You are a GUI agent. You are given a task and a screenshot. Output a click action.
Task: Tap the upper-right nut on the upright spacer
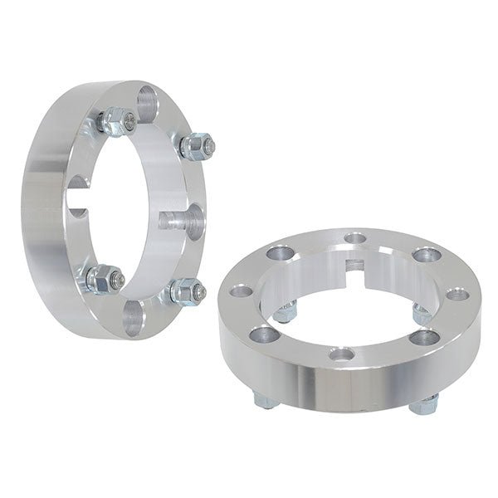[193, 147]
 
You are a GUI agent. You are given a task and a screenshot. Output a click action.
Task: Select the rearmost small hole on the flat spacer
[355, 238]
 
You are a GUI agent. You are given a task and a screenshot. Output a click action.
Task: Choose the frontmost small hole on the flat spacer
[339, 355]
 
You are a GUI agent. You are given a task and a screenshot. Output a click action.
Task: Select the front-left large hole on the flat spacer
[265, 334]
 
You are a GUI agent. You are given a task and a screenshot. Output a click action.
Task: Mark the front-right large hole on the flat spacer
[427, 336]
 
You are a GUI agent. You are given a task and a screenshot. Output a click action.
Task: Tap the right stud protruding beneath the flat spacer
[426, 404]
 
